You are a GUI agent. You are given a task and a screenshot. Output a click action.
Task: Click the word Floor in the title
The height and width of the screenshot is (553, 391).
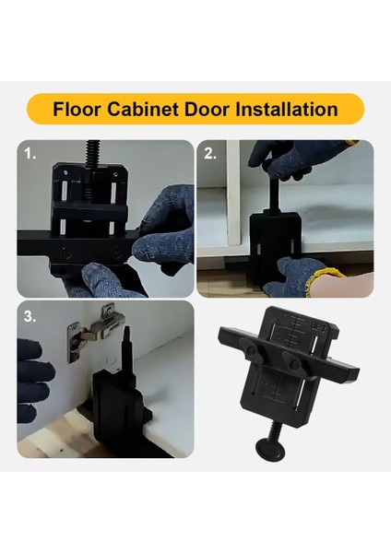pyautogui.click(x=77, y=109)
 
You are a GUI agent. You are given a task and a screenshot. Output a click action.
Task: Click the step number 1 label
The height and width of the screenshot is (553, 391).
pyautogui.click(x=31, y=155)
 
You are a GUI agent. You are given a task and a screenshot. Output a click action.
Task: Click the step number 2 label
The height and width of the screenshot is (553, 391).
pyautogui.click(x=210, y=155)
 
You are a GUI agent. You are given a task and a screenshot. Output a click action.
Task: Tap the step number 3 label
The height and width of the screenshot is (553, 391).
pyautogui.click(x=30, y=316)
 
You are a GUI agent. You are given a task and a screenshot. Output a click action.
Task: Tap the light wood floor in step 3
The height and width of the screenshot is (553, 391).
pyautogui.click(x=55, y=441)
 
